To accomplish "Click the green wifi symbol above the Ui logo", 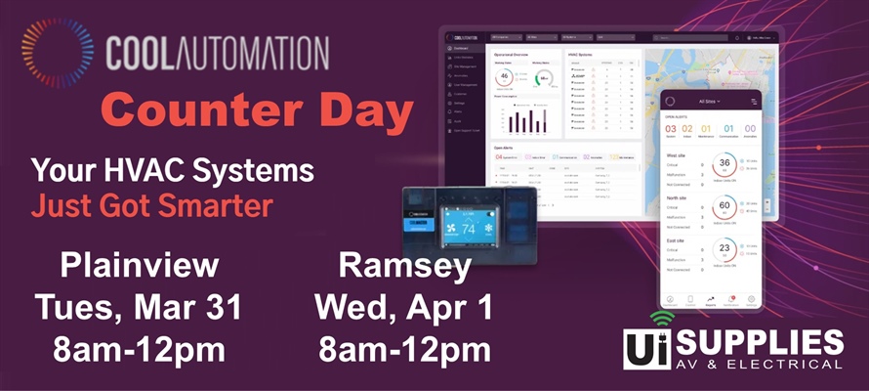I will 660,319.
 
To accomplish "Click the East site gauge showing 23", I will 724,249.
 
